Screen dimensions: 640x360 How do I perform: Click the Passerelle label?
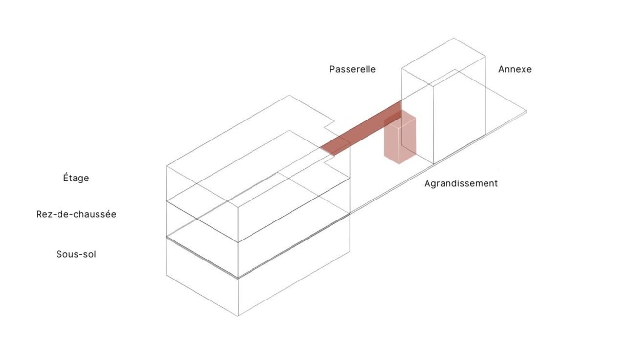click(352, 69)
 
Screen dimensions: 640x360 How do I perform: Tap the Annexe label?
click(515, 69)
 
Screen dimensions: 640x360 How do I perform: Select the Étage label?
click(76, 178)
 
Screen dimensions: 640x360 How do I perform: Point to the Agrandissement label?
click(461, 184)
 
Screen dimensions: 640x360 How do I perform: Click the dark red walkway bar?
click(361, 128)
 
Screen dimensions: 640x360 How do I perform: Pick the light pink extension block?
click(400, 141)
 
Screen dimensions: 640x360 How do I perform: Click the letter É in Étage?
click(66, 178)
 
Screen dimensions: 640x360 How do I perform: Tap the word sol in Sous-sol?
click(89, 254)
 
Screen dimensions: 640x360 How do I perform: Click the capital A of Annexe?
click(502, 69)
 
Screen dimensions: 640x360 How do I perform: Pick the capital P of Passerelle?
click(332, 69)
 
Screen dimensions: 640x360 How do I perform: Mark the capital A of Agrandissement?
click(427, 184)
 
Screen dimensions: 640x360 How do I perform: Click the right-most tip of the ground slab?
click(526, 112)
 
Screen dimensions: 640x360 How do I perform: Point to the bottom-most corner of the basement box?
click(238, 316)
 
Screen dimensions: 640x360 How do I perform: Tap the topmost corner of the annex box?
click(454, 38)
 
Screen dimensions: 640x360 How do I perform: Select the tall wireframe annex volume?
click(458, 107)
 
